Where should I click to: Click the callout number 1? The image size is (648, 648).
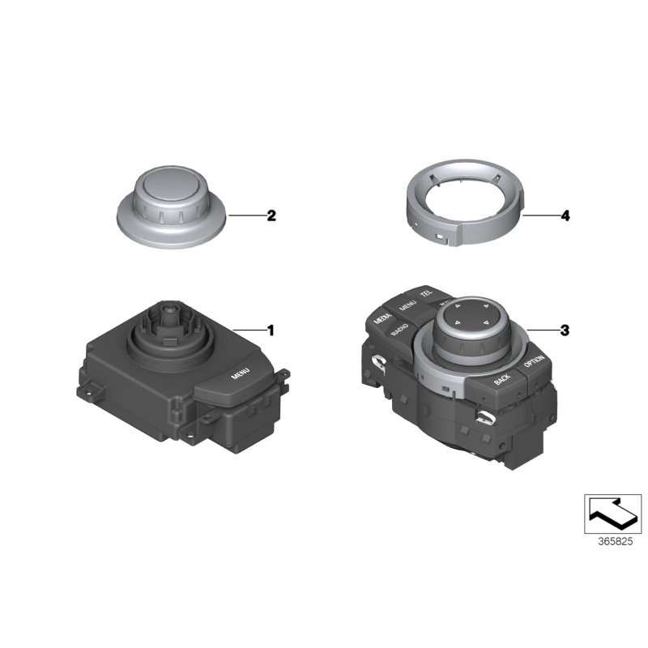pyautogui.click(x=271, y=330)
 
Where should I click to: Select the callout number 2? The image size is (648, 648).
pyautogui.click(x=271, y=193)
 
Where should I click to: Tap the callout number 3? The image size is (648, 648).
pyautogui.click(x=565, y=330)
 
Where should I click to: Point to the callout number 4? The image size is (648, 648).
pyautogui.click(x=565, y=193)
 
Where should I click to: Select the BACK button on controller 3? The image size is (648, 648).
pyautogui.click(x=503, y=378)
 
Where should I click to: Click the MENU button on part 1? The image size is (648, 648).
pyautogui.click(x=240, y=375)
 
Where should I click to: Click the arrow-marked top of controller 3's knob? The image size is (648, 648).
pyautogui.click(x=469, y=313)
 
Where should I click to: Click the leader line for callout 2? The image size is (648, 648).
pyautogui.click(x=247, y=193)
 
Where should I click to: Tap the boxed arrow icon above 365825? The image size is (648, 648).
pyautogui.click(x=612, y=512)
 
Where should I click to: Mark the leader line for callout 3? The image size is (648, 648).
pyautogui.click(x=541, y=330)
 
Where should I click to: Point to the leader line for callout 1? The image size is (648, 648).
pyautogui.click(x=249, y=330)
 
